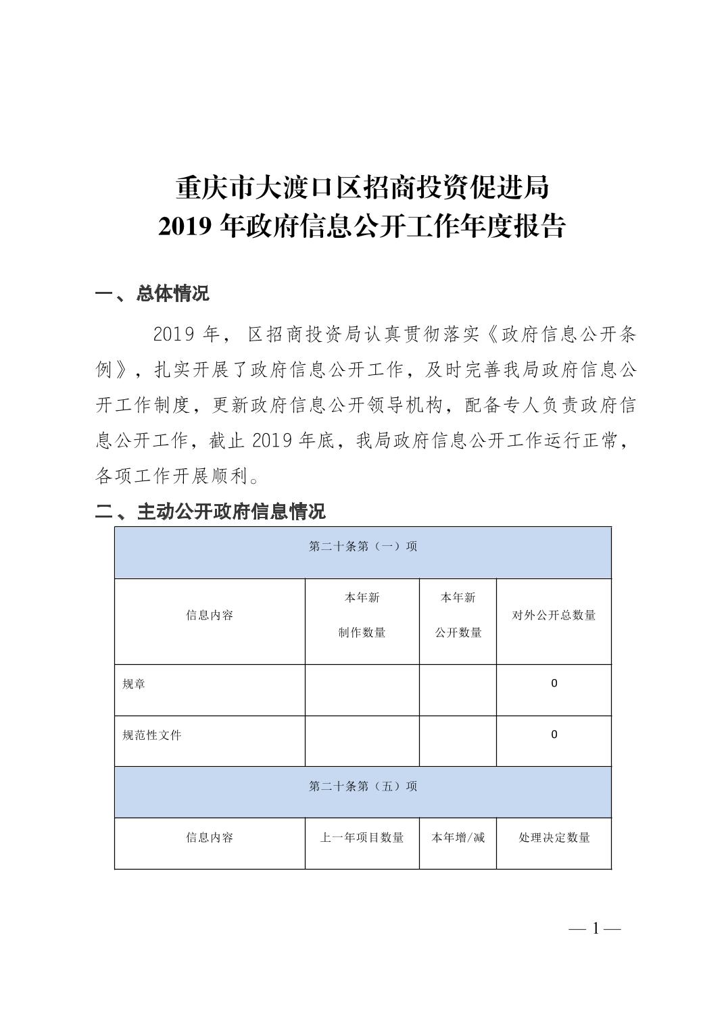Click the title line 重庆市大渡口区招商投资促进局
[x=362, y=188]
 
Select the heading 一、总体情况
[x=153, y=294]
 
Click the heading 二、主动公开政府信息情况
[x=210, y=511]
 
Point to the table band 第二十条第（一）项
[x=363, y=547]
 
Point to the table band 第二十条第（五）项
[x=363, y=786]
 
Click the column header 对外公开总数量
[x=554, y=616]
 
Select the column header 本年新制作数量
[x=362, y=616]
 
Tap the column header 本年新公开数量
[x=458, y=616]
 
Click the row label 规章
[x=134, y=684]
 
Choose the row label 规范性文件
[x=152, y=735]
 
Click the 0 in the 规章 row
[x=554, y=684]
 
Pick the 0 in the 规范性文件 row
[x=554, y=734]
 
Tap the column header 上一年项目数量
[x=362, y=838]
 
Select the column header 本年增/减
[x=458, y=838]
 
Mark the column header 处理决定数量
[x=554, y=838]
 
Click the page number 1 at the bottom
[x=596, y=929]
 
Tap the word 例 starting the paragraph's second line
[x=103, y=370]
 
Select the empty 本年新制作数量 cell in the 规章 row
[x=362, y=690]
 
